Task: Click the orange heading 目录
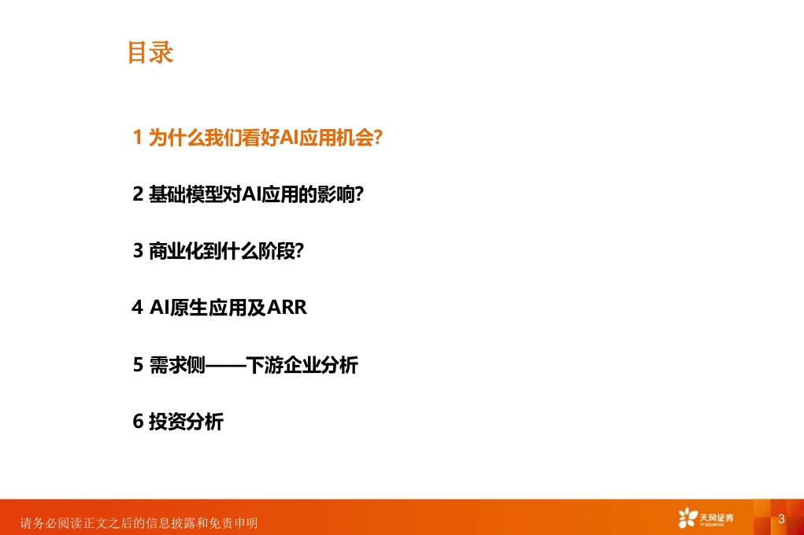pos(150,53)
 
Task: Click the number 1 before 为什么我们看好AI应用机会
pos(138,138)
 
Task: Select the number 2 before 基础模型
pos(138,194)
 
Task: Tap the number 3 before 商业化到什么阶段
pos(138,251)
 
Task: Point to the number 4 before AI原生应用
pos(137,308)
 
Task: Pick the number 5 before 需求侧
pos(138,365)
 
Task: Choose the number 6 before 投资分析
pos(138,421)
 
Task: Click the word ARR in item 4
pos(287,308)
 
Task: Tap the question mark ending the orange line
pos(378,138)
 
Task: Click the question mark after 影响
pos(359,194)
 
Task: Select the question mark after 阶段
pos(299,251)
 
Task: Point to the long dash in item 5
pos(226,365)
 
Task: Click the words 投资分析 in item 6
pos(186,422)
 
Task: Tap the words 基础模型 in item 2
pos(186,194)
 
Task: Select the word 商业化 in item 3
pos(177,251)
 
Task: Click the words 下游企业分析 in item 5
pos(302,365)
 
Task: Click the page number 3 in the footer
pos(781,518)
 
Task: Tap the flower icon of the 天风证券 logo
pos(688,518)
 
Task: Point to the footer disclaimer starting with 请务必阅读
pos(139,522)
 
